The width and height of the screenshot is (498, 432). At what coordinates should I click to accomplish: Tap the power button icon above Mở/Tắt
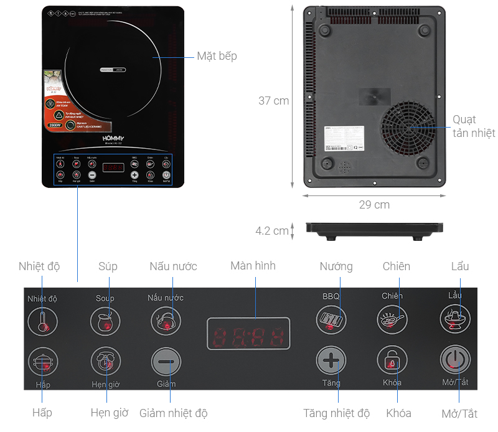pos(455,360)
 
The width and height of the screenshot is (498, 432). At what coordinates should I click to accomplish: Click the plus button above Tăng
pos(331,360)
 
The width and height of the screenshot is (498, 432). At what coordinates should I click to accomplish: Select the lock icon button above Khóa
pos(392,360)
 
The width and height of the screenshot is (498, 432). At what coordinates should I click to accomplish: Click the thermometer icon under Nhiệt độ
pos(43,322)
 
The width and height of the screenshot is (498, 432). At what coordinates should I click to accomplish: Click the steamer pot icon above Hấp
pos(43,362)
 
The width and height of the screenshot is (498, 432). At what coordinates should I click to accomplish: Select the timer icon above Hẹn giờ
pos(105,361)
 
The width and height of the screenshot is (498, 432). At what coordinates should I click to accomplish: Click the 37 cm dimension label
pos(274,101)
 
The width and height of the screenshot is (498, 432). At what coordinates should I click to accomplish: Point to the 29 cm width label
pos(374,205)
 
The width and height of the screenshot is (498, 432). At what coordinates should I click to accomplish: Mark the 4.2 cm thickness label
pos(272,231)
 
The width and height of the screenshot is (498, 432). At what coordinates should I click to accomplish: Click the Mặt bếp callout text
pos(217,56)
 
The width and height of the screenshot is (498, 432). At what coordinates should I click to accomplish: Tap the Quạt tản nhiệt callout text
pos(473,126)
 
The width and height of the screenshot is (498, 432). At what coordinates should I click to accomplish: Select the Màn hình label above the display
pos(253,266)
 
